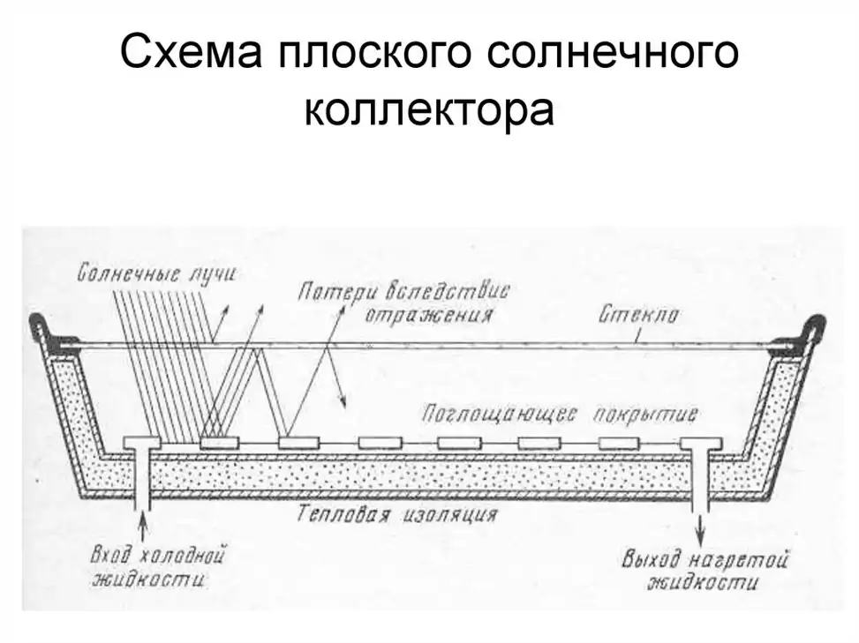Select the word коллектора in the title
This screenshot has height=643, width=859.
[429, 111]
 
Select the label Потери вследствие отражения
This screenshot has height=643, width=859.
[406, 302]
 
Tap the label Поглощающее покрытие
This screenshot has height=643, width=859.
[561, 413]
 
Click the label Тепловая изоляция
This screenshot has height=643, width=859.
[397, 512]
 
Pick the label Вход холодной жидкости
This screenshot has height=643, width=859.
[159, 569]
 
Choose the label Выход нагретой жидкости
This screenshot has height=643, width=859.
[704, 570]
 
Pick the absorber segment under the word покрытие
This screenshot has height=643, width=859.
[618, 443]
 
